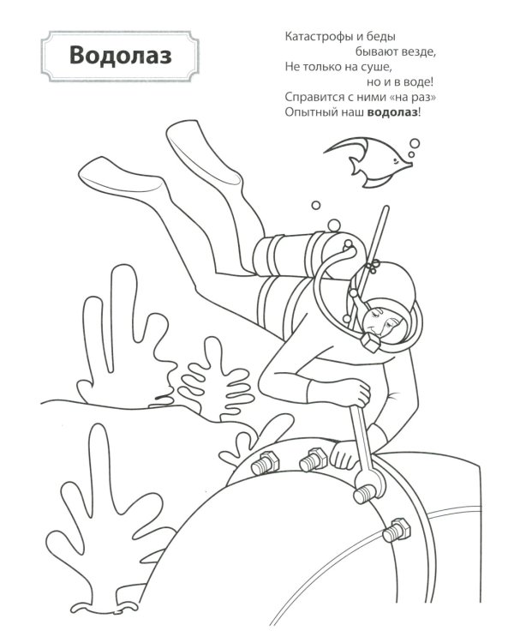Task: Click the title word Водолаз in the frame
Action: (121, 56)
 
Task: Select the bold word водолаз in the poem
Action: (392, 112)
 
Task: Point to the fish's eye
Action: (400, 161)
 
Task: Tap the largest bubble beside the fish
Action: (415, 143)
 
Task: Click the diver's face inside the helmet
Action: (381, 322)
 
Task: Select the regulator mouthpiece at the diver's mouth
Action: (371, 342)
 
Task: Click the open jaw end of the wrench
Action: (370, 484)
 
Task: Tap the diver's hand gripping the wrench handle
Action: (356, 393)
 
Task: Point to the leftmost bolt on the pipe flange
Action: (265, 463)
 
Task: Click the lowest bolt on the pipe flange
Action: (397, 531)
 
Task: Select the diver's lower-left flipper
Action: (123, 179)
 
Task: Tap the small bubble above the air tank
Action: (315, 205)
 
